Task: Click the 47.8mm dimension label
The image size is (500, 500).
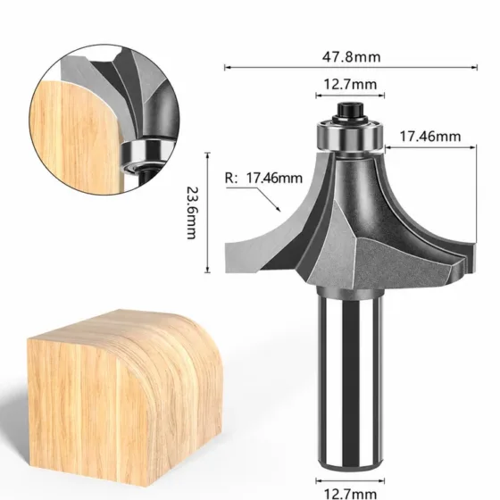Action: coord(351,57)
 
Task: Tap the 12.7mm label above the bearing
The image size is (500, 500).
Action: coord(350,85)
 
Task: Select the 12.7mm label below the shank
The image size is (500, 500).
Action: coord(350,494)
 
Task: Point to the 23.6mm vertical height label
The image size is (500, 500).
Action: coord(192,213)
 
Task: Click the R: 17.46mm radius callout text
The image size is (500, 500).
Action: coord(263,178)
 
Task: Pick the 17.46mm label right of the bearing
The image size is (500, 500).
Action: coord(430,137)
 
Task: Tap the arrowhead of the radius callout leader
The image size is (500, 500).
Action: coord(278,209)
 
